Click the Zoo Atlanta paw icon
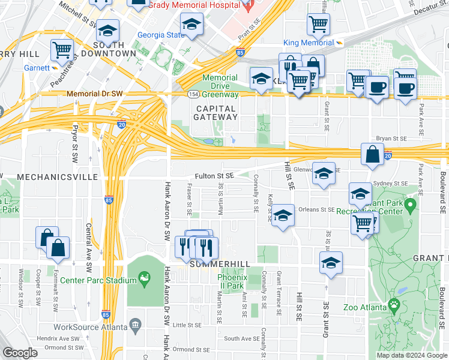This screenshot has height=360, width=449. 394,304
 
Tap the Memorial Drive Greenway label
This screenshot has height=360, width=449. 220,86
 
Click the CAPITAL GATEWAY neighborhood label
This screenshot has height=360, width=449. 215,112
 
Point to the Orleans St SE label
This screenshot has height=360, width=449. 317,210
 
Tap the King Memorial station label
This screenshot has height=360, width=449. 309,43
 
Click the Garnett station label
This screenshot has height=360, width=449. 37,68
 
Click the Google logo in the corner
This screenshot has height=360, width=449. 19,353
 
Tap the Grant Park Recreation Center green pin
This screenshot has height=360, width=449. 411,206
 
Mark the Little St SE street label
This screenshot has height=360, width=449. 187,325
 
